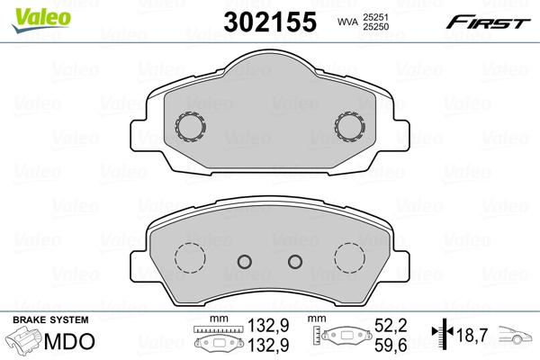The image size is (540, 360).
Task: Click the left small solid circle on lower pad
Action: coord(243,262)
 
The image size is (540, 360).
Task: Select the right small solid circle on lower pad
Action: coord(294,262)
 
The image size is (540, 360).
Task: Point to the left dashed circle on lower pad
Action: coord(190,259)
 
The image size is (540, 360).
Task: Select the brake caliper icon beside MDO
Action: coord(24,343)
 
